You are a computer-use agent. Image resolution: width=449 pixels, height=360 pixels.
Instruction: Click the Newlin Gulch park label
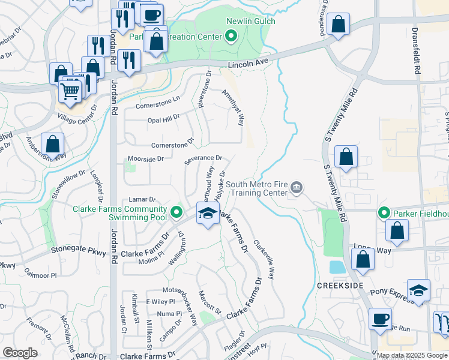pos(250,22)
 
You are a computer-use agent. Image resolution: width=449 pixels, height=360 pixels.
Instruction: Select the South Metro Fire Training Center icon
pos(296,189)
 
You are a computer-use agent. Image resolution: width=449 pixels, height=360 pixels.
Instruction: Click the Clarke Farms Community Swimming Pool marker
pos(176,212)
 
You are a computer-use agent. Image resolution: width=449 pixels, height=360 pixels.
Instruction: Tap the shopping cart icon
pos(70,91)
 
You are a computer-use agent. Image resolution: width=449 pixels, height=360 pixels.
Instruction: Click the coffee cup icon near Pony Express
pos(379,319)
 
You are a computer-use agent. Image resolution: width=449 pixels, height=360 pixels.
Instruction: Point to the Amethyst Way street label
pos(234,108)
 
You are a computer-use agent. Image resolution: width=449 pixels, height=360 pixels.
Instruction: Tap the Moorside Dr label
pos(146,159)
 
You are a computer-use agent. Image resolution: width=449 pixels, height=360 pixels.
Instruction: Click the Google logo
pos(20,353)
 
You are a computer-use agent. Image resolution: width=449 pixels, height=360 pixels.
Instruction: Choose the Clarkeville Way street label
pos(264,260)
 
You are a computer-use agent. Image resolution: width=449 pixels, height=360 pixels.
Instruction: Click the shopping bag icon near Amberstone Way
pos(53,145)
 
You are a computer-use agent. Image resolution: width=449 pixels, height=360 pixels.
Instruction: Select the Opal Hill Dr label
pos(163,119)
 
